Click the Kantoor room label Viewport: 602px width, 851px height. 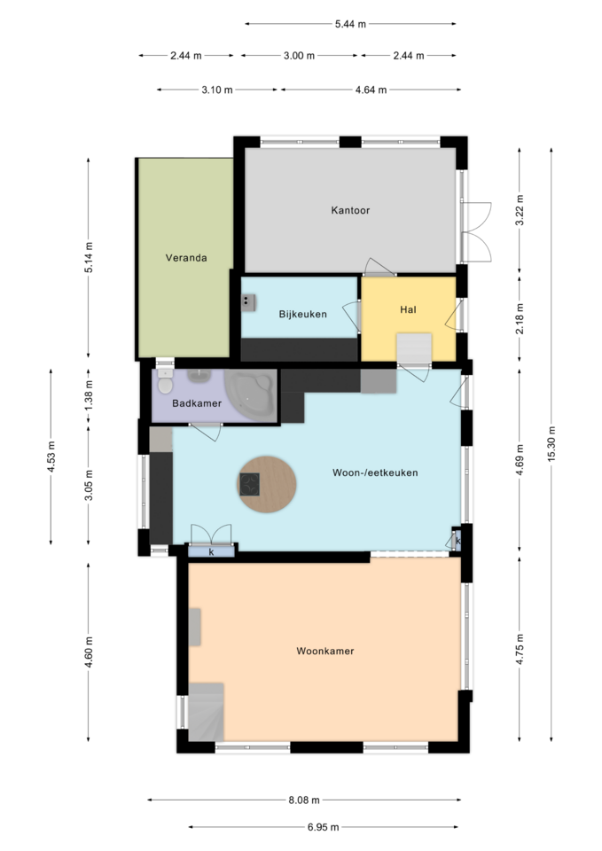click(350, 210)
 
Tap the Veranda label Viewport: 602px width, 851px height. click(186, 258)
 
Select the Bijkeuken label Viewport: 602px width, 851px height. click(303, 314)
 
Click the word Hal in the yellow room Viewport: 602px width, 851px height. click(408, 309)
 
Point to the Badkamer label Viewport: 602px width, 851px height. click(197, 403)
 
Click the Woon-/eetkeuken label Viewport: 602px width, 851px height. click(375, 472)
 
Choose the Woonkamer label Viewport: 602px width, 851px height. click(325, 651)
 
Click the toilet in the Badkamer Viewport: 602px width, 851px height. click(165, 381)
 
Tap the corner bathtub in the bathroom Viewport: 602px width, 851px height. click(250, 394)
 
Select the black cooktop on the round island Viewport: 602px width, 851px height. click(250, 484)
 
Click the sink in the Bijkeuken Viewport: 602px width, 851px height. click(248, 302)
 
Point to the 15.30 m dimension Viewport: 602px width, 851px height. click(551, 444)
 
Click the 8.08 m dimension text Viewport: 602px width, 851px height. click(304, 800)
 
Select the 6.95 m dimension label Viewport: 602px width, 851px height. click(323, 827)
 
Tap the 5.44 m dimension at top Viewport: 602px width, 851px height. click(350, 24)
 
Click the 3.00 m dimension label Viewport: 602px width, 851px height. click(299, 55)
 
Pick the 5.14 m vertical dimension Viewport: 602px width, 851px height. click(89, 258)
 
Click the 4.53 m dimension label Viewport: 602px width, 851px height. click(51, 457)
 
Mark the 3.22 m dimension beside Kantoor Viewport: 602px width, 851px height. click(520, 210)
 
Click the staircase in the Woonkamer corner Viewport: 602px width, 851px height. click(207, 712)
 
